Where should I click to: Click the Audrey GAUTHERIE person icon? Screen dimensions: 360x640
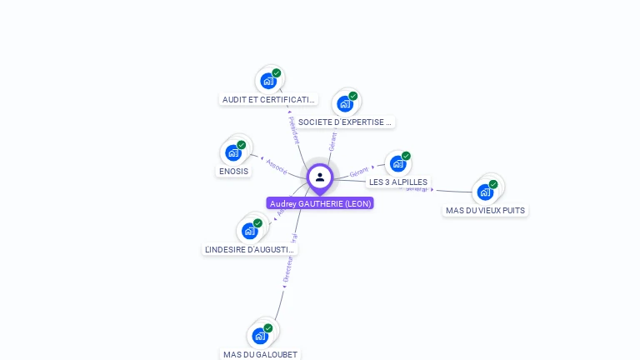(319, 177)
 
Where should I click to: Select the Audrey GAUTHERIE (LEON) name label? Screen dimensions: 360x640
(320, 203)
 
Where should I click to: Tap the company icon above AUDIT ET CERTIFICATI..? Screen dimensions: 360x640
(267, 81)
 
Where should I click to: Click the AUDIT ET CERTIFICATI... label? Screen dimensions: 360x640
(268, 99)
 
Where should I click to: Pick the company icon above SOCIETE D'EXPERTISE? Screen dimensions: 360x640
(344, 104)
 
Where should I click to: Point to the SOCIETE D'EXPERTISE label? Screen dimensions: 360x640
(345, 122)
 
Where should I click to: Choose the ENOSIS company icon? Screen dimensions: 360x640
(232, 152)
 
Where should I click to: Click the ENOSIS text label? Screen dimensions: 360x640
(233, 171)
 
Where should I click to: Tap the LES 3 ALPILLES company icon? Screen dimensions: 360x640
(397, 163)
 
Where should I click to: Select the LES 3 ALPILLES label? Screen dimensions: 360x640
(398, 182)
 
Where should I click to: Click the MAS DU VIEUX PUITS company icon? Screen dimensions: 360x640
(485, 192)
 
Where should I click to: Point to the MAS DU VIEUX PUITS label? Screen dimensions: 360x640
(485, 210)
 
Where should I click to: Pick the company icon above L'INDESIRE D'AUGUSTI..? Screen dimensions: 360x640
(249, 231)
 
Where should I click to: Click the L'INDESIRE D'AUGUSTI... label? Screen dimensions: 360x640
(250, 249)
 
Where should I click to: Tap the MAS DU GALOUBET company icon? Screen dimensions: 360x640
(260, 336)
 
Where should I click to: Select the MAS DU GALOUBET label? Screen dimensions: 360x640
(260, 354)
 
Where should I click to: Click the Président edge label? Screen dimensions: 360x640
(293, 130)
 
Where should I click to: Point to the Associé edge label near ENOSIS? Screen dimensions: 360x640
(277, 166)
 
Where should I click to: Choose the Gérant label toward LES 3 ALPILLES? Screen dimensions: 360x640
(359, 172)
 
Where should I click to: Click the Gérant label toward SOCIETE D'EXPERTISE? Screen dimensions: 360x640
(333, 141)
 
